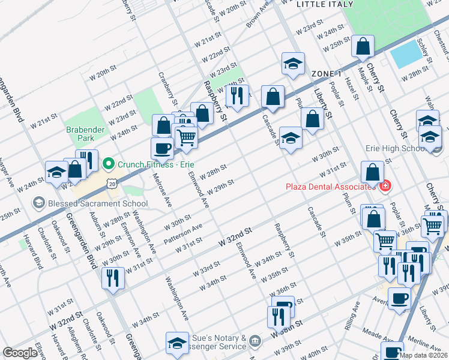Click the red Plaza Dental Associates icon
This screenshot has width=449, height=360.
click(385, 186)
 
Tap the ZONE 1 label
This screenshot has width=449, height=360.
click(326, 73)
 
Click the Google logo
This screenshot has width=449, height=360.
click(20, 353)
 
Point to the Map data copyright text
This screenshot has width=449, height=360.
click(423, 355)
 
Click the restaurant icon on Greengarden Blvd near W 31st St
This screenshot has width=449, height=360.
click(112, 278)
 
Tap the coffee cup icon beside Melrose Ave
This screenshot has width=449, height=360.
click(161, 148)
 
